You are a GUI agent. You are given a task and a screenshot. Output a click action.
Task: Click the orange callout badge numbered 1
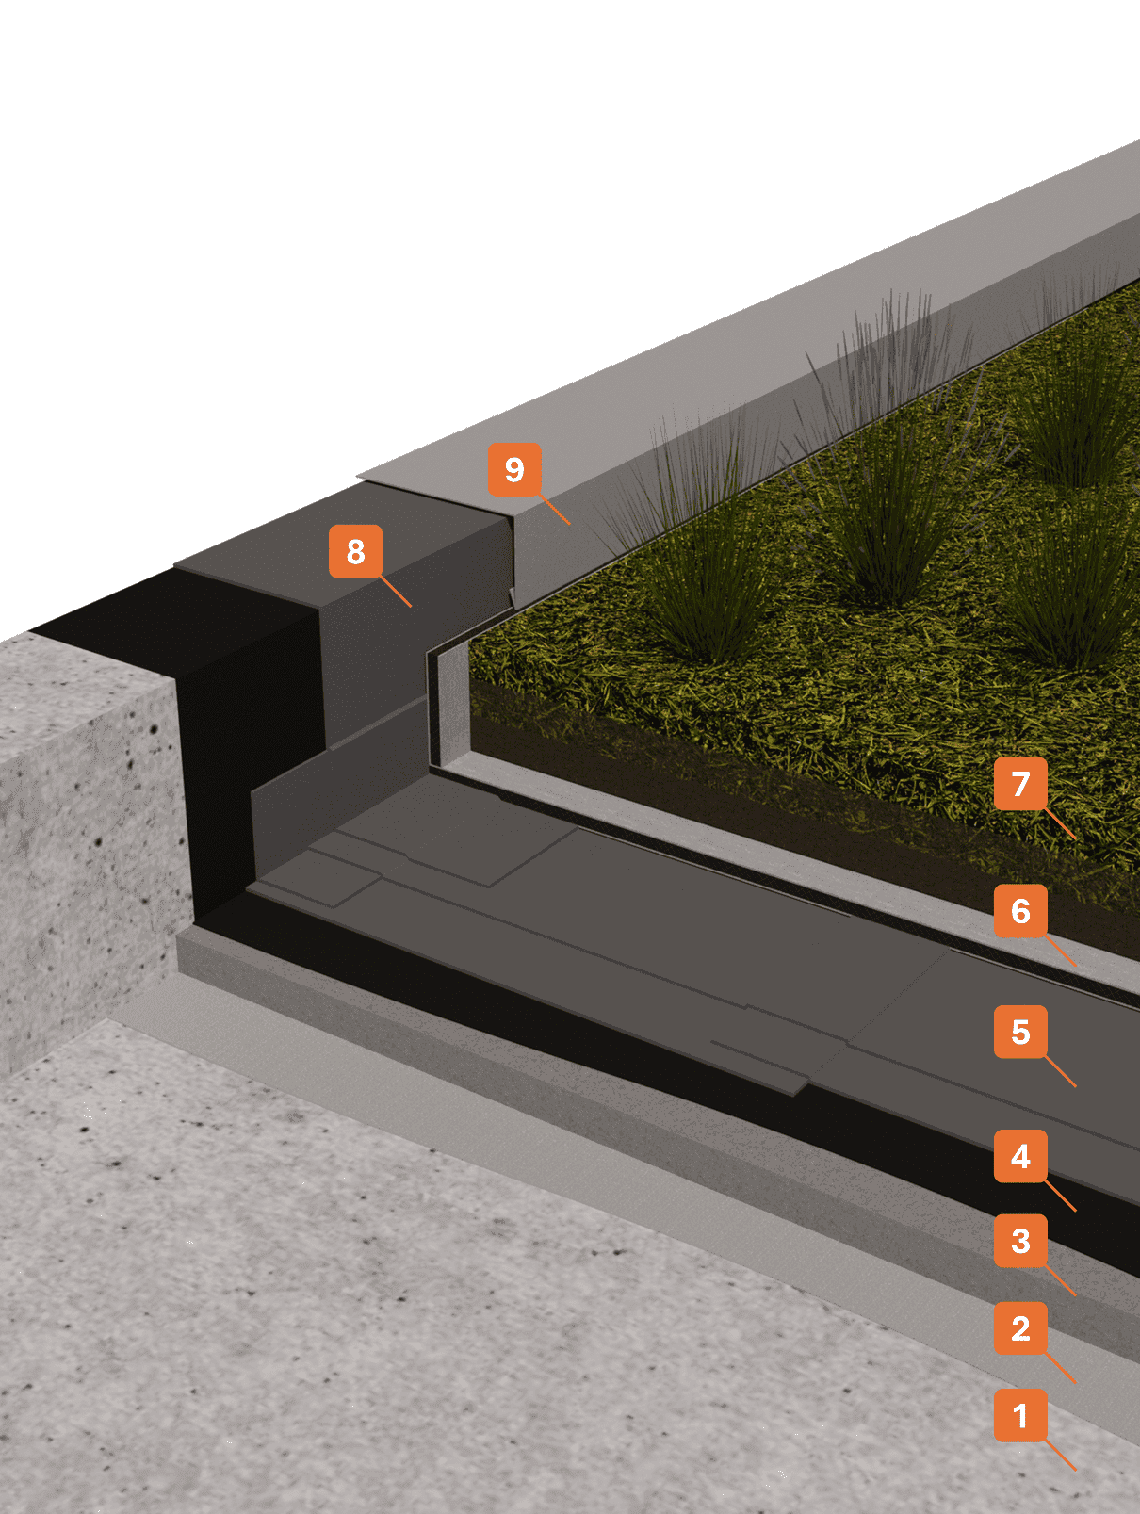click(x=1020, y=1415)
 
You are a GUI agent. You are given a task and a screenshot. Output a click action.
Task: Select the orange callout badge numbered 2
click(x=1020, y=1328)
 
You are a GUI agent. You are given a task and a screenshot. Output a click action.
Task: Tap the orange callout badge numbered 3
click(x=1020, y=1241)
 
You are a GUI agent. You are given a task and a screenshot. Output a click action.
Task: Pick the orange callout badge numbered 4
click(x=1020, y=1156)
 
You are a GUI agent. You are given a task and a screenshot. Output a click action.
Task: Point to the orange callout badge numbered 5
click(x=1020, y=1032)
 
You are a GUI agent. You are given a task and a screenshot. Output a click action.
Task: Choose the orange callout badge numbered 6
click(x=1020, y=911)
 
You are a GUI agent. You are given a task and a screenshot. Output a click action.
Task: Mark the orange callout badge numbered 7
click(x=1020, y=784)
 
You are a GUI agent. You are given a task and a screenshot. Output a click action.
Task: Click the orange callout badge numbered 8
click(x=355, y=551)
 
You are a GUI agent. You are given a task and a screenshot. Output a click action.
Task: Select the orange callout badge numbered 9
click(x=514, y=470)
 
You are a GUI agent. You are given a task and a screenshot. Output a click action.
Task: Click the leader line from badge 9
click(x=555, y=509)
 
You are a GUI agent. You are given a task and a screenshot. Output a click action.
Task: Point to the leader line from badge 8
click(x=396, y=591)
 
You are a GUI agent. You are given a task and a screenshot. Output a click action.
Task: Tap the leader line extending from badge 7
click(x=1061, y=823)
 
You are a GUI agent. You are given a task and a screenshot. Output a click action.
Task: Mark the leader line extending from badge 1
click(x=1061, y=1456)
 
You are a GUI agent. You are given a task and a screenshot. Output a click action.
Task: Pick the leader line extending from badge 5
click(x=1061, y=1072)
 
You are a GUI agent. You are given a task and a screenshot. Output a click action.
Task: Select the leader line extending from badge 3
click(x=1061, y=1281)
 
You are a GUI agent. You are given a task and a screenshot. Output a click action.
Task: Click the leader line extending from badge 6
click(x=1061, y=952)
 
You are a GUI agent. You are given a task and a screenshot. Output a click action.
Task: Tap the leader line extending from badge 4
click(x=1061, y=1196)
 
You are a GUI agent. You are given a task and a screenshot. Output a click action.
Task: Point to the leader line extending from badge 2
click(x=1061, y=1369)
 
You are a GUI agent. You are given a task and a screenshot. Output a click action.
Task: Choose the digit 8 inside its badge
click(x=356, y=551)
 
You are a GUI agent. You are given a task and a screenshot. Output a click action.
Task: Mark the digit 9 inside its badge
click(x=514, y=470)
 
